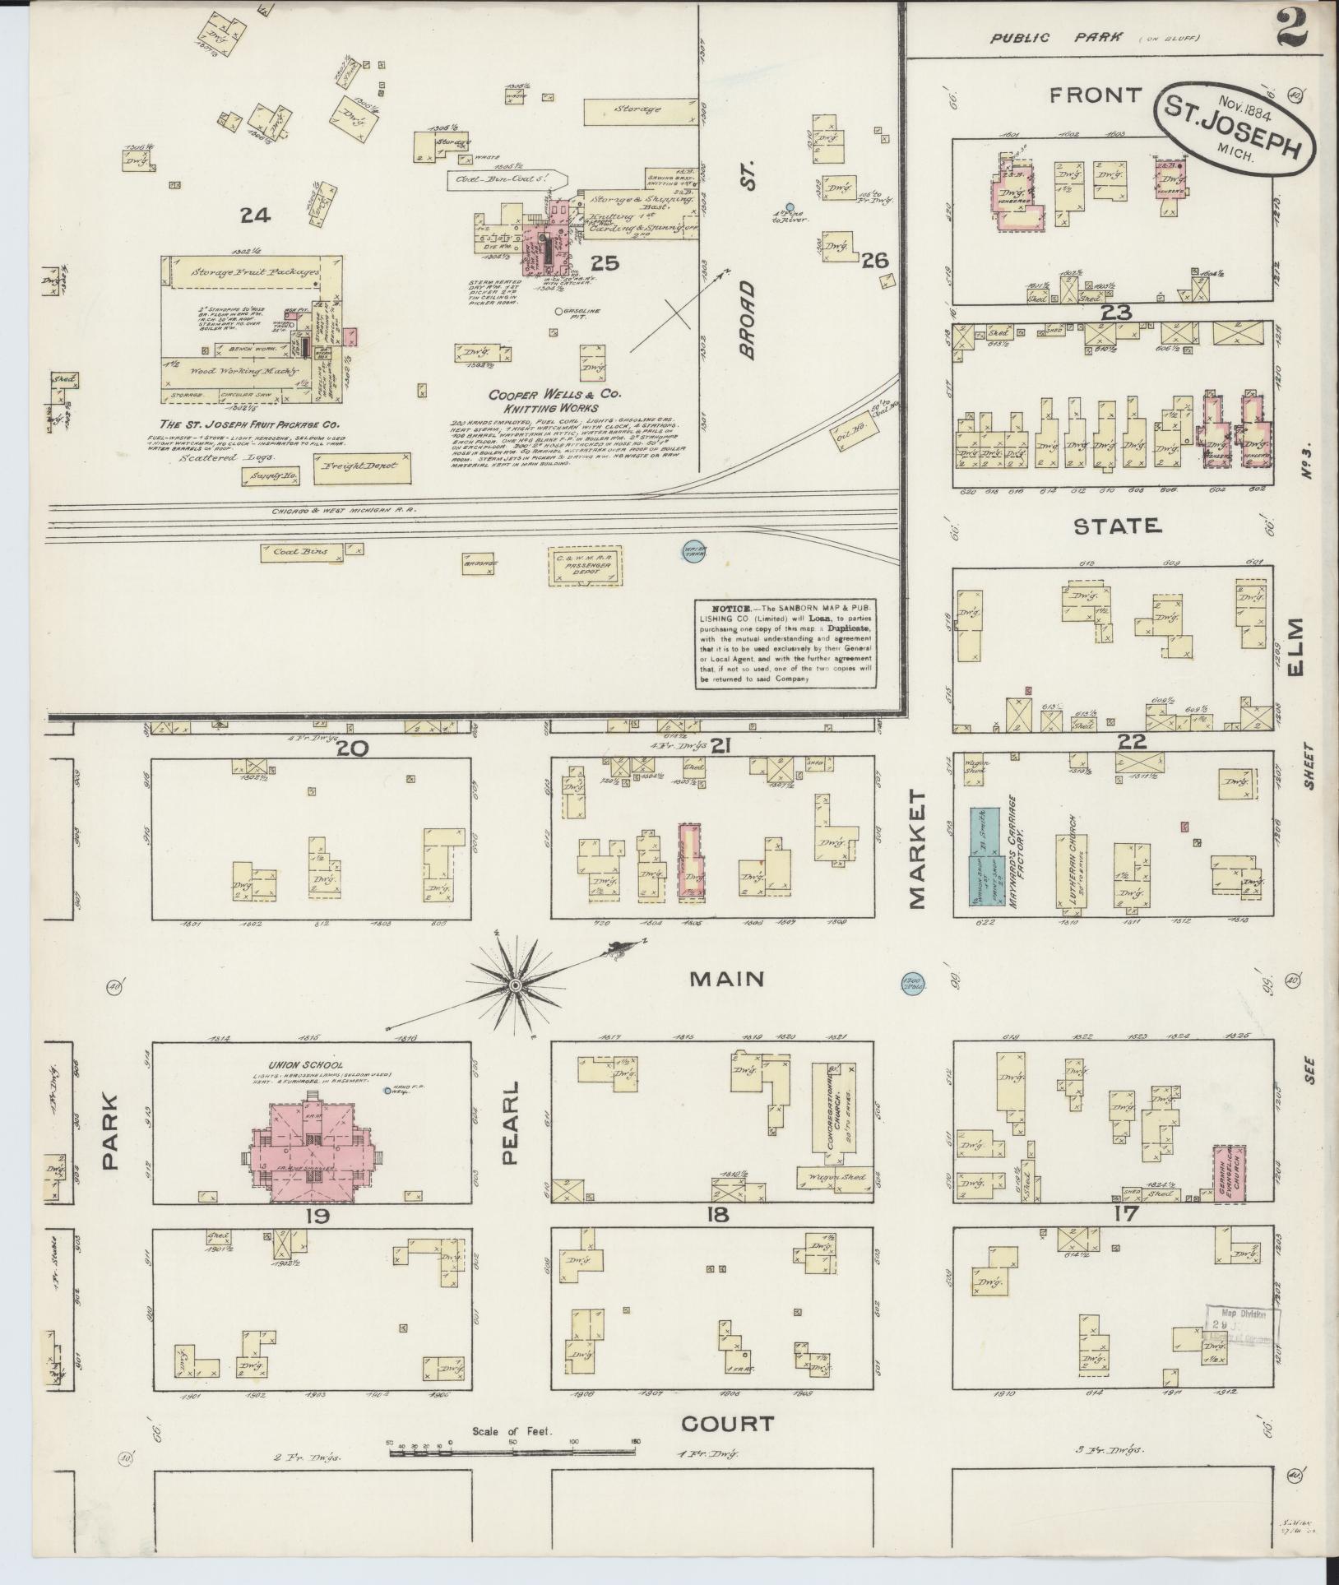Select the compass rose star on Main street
515,985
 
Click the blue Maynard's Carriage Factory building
984,856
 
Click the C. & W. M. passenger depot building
583,566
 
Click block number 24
256,216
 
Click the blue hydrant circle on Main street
910,984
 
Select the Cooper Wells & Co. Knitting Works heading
544,401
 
